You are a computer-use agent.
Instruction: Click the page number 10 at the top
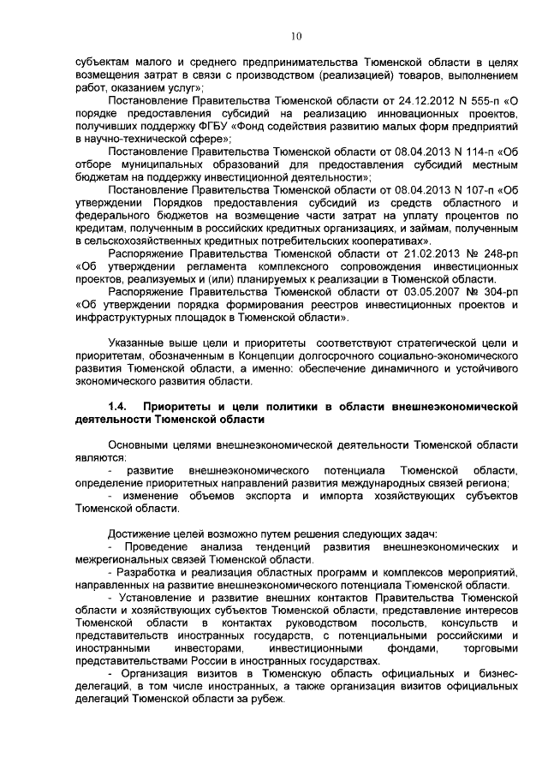coord(296,37)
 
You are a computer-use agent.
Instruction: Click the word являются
coord(98,458)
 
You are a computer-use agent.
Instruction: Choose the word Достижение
coord(141,534)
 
